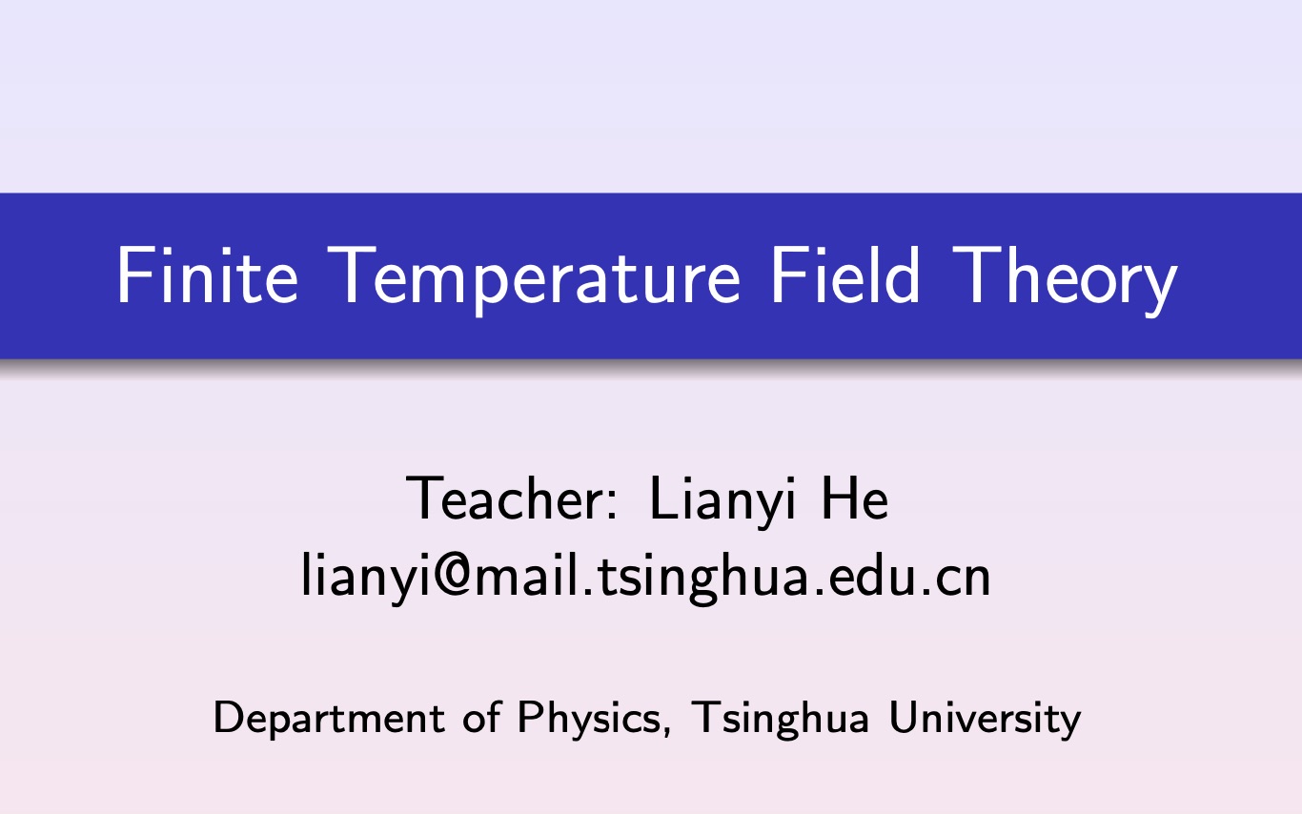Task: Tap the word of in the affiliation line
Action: (x=482, y=717)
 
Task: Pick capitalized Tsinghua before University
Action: (x=781, y=718)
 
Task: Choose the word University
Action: (x=985, y=718)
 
